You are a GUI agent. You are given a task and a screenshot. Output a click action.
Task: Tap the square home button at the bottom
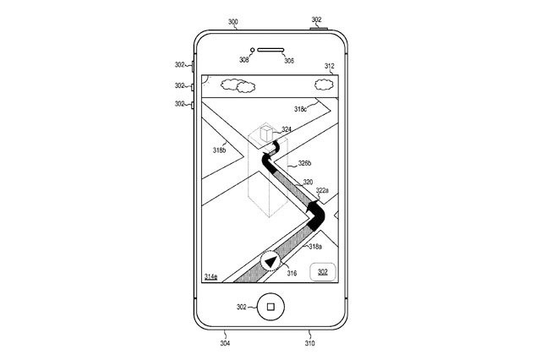270,307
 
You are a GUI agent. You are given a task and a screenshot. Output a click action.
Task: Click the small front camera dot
252,50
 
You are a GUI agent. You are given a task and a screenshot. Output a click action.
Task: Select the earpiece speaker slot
270,50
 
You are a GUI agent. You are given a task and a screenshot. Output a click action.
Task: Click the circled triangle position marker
270,261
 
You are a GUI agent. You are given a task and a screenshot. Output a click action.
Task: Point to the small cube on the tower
266,134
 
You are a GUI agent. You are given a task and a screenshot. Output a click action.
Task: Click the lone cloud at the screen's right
324,85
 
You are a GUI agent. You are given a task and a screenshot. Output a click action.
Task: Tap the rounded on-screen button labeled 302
323,272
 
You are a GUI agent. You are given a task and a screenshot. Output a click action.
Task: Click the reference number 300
233,22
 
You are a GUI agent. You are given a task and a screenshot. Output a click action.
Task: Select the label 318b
220,150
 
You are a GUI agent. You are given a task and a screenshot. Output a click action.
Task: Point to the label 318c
300,109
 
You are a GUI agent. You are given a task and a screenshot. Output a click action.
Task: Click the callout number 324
287,129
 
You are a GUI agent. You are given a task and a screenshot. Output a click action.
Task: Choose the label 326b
304,163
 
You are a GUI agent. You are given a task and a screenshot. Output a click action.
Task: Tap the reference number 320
308,182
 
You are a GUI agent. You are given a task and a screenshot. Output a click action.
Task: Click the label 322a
322,190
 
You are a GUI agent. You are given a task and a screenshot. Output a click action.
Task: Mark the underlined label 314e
210,276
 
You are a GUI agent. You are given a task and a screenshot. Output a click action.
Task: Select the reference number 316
292,273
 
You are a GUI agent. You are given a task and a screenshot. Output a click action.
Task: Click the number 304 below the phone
225,343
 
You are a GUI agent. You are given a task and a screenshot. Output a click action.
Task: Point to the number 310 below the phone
309,343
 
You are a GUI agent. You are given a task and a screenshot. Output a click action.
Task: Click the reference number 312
329,66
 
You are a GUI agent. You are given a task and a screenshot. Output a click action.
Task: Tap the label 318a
315,247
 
